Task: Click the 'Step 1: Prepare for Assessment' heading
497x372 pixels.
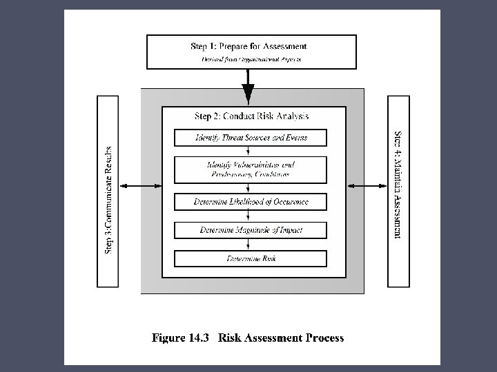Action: point(249,46)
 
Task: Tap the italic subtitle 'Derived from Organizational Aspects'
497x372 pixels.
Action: point(251,60)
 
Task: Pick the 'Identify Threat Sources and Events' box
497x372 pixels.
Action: point(251,138)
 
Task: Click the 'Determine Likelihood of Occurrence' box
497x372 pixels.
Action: point(251,202)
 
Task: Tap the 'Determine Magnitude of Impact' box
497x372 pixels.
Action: point(251,229)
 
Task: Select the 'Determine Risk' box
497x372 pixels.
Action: point(251,258)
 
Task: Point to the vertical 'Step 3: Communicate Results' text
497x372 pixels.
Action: point(109,198)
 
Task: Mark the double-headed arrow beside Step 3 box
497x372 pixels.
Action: point(140,185)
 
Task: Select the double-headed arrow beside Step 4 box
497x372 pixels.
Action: point(367,185)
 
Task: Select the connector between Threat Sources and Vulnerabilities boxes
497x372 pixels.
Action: point(251,151)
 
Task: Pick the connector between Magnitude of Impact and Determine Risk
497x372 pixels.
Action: point(251,244)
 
